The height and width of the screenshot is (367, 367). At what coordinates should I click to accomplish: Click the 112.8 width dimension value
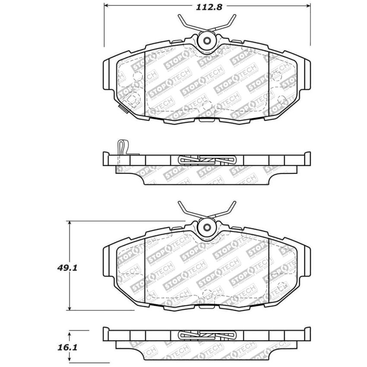click(208, 7)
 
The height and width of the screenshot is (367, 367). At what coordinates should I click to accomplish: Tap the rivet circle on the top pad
click(207, 41)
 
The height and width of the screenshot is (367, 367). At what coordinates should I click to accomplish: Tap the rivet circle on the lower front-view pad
click(207, 227)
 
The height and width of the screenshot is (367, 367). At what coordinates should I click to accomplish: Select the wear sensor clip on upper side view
click(123, 148)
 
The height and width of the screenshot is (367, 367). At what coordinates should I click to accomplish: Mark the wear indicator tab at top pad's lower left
click(123, 108)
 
